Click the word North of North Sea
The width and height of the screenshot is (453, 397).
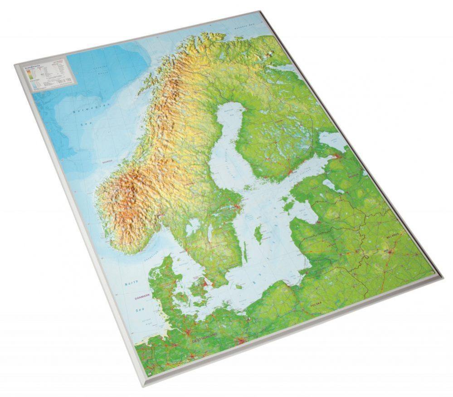pos(132,283)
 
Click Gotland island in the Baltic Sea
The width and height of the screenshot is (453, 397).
pos(258,234)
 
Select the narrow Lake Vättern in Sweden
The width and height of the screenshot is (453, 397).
pos(209,233)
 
